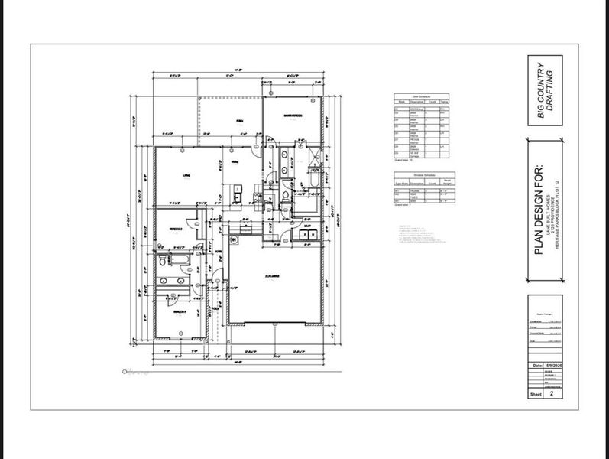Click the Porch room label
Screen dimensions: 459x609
(x=239, y=121)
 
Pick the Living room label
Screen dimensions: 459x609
(x=186, y=176)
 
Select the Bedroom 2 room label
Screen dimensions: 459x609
(x=175, y=228)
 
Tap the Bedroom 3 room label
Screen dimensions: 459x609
(x=177, y=312)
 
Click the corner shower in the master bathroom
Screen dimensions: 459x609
(x=312, y=155)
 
